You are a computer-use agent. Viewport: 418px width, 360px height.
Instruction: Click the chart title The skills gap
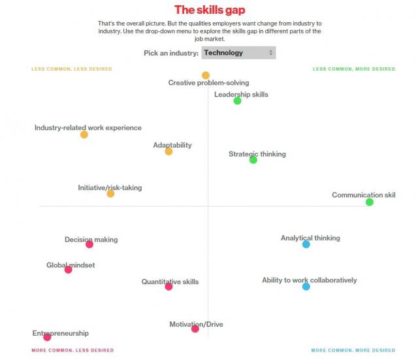click(x=210, y=10)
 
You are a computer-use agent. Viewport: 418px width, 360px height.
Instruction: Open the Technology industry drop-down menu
click(x=238, y=53)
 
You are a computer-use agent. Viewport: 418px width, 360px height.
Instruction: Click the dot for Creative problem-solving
click(x=206, y=75)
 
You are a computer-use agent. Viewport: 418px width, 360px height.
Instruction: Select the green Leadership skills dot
click(x=237, y=101)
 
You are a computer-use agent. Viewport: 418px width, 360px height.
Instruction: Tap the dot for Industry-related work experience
click(x=84, y=135)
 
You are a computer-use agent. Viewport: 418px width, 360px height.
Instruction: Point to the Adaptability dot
click(x=169, y=152)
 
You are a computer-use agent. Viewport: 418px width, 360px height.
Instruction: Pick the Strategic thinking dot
click(x=253, y=160)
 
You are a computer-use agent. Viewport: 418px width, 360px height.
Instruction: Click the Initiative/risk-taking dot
click(x=110, y=193)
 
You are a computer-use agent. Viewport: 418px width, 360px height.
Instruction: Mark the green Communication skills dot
click(x=370, y=203)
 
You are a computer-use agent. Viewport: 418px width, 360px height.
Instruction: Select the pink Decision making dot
click(x=89, y=244)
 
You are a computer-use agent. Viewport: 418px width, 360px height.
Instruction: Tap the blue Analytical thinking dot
click(x=306, y=244)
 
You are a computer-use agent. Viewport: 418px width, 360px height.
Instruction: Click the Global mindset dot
click(x=68, y=270)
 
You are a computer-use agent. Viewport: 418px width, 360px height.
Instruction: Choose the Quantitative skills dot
click(x=169, y=287)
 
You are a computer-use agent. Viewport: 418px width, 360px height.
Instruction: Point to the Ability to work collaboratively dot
click(x=306, y=287)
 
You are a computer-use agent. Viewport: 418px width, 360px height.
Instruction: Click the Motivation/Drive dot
click(x=195, y=329)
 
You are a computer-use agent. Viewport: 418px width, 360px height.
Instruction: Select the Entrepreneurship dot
click(x=47, y=337)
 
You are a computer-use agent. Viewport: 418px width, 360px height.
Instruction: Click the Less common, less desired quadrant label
click(x=72, y=69)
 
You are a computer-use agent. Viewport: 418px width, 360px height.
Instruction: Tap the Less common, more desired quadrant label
click(x=353, y=69)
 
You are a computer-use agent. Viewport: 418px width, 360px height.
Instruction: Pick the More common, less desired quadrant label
click(x=72, y=350)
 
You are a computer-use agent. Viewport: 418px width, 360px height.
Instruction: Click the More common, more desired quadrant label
click(x=353, y=350)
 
